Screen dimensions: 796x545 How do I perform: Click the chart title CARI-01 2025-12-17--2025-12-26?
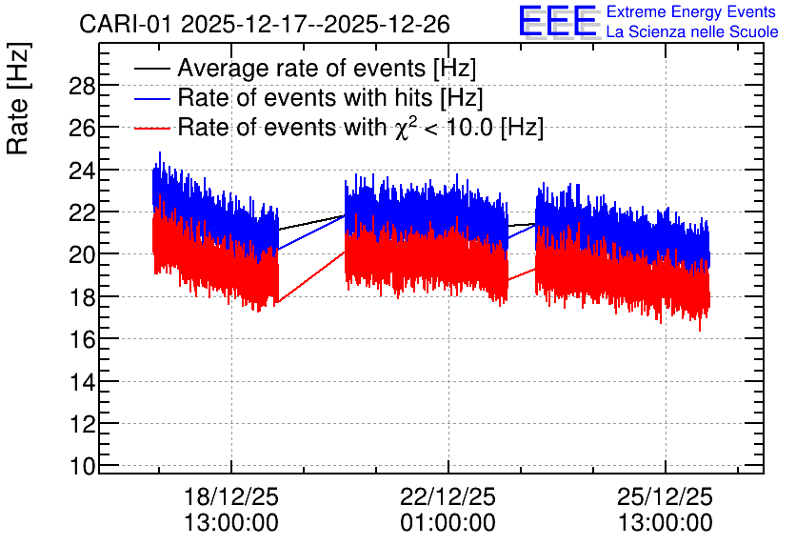coord(265,24)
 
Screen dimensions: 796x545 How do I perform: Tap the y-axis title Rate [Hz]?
coord(18,98)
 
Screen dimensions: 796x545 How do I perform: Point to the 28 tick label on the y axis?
coord(82,87)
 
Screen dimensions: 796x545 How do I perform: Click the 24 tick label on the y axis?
coord(82,172)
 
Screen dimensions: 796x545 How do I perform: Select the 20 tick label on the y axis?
coord(82,255)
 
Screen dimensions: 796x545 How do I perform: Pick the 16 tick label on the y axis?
coord(82,340)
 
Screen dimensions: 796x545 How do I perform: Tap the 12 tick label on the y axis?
coord(82,424)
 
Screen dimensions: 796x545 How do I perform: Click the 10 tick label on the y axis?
coord(82,466)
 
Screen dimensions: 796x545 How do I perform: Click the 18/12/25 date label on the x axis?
coord(231,496)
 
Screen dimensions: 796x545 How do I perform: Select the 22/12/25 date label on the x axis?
coord(448,496)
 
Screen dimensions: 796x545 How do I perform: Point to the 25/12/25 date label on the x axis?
coord(665,496)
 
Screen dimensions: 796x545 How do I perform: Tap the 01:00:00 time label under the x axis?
coord(448,523)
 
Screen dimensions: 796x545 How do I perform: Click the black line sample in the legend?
coord(151,69)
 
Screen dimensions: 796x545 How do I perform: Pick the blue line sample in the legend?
coord(151,98)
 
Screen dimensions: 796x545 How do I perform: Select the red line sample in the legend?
coord(151,128)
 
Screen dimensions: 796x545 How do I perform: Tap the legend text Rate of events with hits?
coord(306,97)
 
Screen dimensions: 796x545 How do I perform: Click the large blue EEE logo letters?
coord(557,21)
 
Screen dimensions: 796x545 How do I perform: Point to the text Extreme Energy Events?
coord(691,11)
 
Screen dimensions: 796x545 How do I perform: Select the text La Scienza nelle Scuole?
coord(692,31)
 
